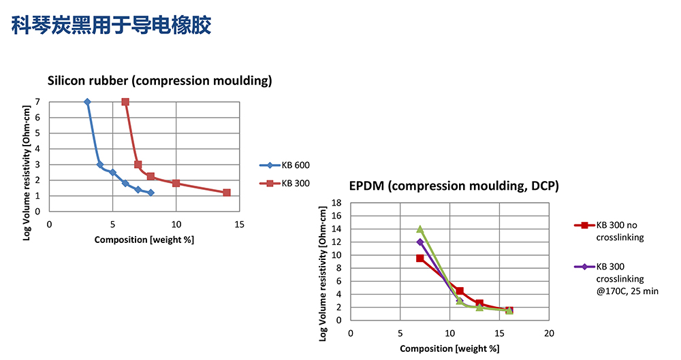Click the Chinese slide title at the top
pyautogui.click(x=112, y=26)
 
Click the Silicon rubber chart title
pyautogui.click(x=159, y=81)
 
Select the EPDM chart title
pyautogui.click(x=454, y=185)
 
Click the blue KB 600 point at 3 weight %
pyautogui.click(x=87, y=102)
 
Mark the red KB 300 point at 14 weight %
pyautogui.click(x=227, y=193)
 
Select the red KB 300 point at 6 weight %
pyautogui.click(x=125, y=102)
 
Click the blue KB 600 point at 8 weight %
pyautogui.click(x=151, y=193)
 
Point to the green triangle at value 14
pyautogui.click(x=420, y=229)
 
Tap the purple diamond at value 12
pyautogui.click(x=420, y=242)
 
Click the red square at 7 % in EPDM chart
pyautogui.click(x=420, y=259)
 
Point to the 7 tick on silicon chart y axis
pyautogui.click(x=38, y=102)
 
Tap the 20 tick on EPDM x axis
pyautogui.click(x=549, y=333)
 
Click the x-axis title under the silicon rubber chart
pyautogui.click(x=144, y=240)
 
